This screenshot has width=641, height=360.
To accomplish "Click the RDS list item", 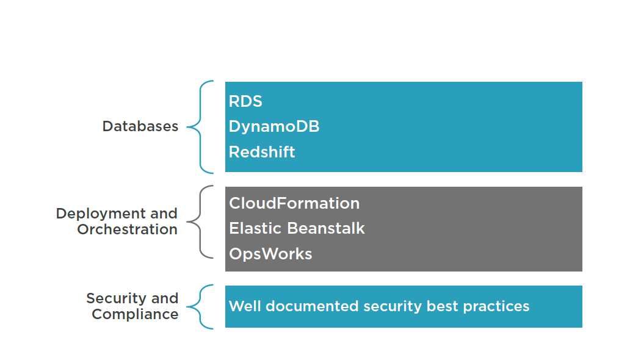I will click(245, 101).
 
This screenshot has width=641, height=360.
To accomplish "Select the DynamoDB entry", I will click(274, 126).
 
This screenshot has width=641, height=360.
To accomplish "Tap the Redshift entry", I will click(262, 152).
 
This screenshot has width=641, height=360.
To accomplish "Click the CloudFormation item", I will click(294, 203).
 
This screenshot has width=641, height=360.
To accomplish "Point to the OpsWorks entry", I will click(270, 254).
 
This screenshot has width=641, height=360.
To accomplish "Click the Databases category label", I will click(140, 126).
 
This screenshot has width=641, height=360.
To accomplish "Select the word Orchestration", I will click(127, 229).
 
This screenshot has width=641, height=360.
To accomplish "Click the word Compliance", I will click(135, 314).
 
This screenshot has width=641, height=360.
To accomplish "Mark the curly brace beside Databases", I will click(201, 127).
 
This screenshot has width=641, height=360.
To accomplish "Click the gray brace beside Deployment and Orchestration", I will click(201, 221).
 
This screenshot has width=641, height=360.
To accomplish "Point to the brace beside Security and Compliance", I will click(201, 306).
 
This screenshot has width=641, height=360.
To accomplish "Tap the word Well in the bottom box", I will click(243, 306).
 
